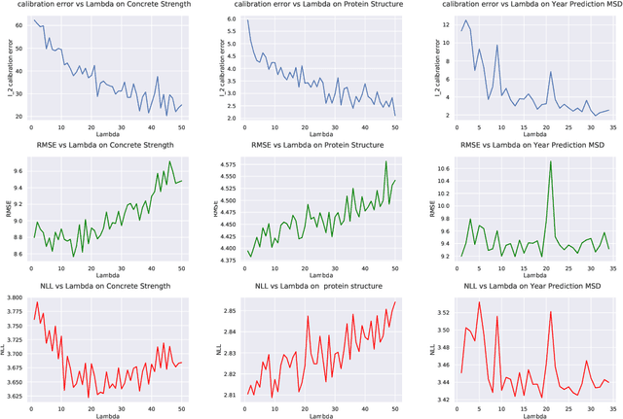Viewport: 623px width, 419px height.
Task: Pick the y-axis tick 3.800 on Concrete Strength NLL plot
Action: (16, 298)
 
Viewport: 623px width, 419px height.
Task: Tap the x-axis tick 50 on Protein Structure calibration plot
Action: (395, 126)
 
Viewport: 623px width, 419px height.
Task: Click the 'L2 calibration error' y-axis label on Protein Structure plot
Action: (217, 68)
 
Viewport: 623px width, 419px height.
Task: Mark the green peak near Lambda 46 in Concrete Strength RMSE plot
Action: (169, 162)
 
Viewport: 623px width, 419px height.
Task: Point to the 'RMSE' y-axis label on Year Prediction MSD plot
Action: (432, 209)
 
